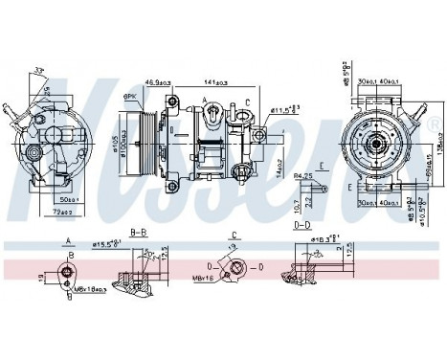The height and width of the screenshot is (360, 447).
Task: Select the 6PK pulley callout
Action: (128, 98)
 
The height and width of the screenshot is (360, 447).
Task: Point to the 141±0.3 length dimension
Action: (215, 83)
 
